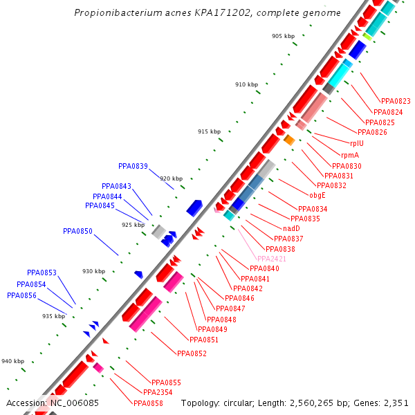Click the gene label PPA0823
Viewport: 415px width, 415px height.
[396, 101]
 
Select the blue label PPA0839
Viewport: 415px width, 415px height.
[133, 166]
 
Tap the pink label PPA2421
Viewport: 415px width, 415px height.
[272, 259]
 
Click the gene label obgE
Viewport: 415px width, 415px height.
[317, 195]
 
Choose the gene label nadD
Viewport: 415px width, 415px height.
[291, 228]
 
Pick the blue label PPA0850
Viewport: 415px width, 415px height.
[77, 231]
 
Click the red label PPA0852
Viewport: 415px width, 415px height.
[192, 353]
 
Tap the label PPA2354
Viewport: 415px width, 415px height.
[158, 392]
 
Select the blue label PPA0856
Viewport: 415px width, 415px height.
[21, 295]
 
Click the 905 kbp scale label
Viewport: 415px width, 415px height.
[283, 36]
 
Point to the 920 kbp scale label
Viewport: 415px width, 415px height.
[172, 178]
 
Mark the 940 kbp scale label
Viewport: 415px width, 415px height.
[12, 361]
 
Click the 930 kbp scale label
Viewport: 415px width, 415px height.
[94, 271]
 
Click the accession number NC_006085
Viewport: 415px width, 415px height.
[73, 403]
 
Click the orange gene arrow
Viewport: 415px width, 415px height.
[289, 140]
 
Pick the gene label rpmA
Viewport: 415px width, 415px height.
[350, 155]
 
